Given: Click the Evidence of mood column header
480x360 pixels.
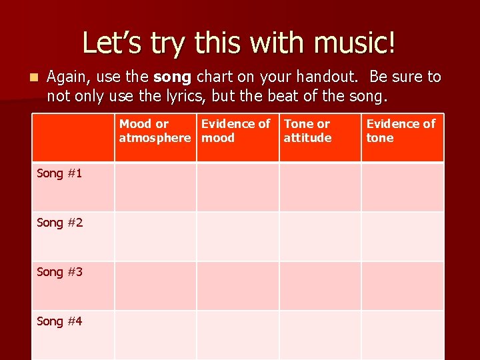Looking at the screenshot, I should (x=237, y=131).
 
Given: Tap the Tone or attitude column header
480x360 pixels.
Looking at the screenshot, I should (x=307, y=131).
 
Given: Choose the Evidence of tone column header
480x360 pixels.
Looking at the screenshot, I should (x=401, y=131).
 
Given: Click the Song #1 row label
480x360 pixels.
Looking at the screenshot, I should (x=60, y=173).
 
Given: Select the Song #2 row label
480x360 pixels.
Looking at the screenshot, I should (x=60, y=223).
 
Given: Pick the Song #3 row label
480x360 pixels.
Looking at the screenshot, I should (x=60, y=272).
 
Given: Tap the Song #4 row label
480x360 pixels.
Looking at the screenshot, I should (x=60, y=321).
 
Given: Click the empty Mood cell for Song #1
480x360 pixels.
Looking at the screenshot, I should (x=155, y=187).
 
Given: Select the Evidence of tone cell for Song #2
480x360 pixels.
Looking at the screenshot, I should (x=403, y=236).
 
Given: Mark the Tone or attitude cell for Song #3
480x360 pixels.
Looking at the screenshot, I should (x=320, y=285).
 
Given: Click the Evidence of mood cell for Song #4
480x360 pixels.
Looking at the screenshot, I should (x=237, y=335).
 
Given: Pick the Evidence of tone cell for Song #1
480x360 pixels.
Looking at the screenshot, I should (x=403, y=187).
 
